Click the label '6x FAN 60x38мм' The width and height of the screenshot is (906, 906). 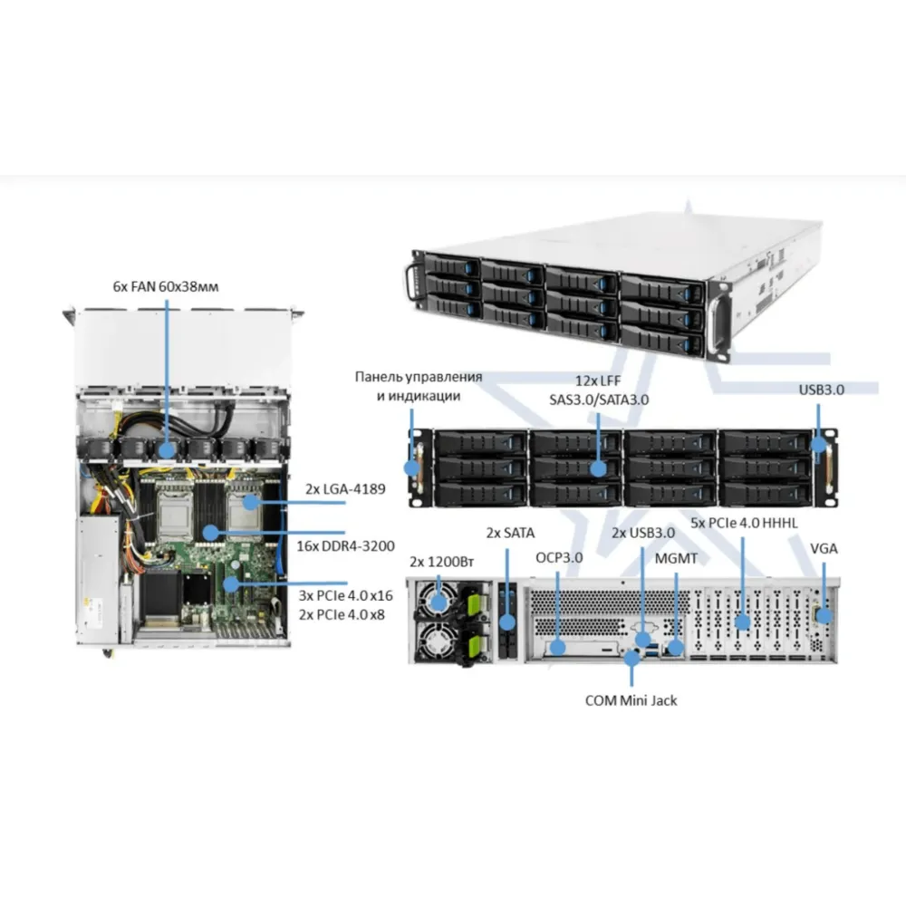pos(167,286)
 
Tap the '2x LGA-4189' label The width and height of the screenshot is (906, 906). pos(347,489)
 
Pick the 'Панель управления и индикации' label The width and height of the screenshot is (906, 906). pos(419,385)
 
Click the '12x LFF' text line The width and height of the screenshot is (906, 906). pos(598,381)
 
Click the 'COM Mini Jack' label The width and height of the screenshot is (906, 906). pos(631,699)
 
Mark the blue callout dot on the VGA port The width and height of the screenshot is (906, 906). pos(824,614)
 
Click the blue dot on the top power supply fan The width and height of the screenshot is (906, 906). pos(440,602)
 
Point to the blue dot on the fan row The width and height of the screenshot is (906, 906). pos(168,448)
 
